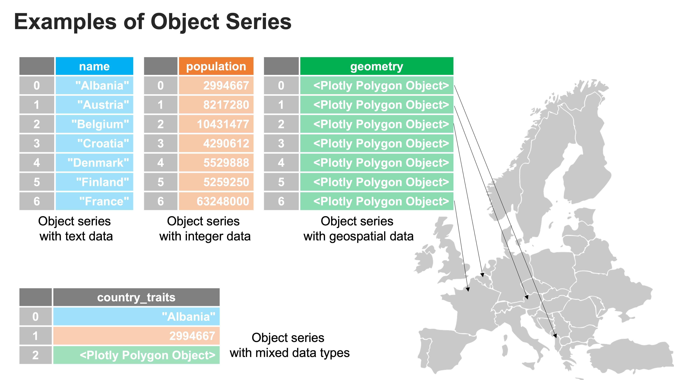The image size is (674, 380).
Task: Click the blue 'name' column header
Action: pos(95,66)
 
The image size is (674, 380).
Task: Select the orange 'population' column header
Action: pos(216,66)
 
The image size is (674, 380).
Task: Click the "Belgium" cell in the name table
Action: pos(95,124)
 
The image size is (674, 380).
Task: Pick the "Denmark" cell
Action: pos(95,163)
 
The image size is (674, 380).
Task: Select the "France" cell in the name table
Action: pos(95,201)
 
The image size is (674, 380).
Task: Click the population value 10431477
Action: pos(216,124)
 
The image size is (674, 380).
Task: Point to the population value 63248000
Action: pos(216,201)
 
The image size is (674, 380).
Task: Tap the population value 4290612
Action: pos(216,143)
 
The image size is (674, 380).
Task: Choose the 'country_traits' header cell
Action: pos(136,297)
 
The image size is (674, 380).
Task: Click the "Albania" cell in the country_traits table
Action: pos(136,317)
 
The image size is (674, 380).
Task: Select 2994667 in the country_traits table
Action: pos(136,336)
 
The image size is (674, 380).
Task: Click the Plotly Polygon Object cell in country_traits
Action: pos(136,355)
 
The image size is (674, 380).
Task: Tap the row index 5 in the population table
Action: pos(161,182)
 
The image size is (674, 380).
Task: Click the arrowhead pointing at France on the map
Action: pos(468,289)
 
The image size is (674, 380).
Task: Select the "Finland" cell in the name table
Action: pos(95,182)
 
